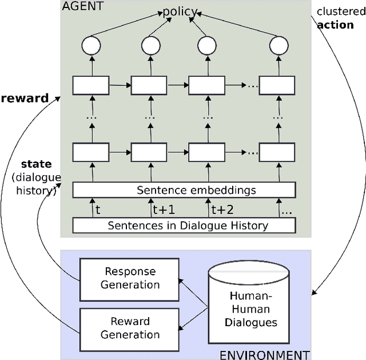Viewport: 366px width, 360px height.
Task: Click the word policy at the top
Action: tap(180, 11)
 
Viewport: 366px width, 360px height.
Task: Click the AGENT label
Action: tap(82, 6)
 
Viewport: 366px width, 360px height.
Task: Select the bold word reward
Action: tap(25, 98)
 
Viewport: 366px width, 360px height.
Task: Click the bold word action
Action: tap(335, 25)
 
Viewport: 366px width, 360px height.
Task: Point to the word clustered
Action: tap(341, 11)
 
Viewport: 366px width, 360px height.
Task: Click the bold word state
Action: tap(36, 165)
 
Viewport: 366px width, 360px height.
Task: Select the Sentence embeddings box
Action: tap(184, 189)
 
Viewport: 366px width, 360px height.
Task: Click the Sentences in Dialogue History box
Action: tap(184, 225)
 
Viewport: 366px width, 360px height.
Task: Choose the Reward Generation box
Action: tap(130, 327)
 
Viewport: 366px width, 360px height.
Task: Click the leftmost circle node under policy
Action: tap(91, 46)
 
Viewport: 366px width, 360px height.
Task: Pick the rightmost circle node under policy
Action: tap(277, 46)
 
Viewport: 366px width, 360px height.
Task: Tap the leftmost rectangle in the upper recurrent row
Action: tap(91, 85)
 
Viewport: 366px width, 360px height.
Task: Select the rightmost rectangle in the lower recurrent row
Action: tap(277, 152)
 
